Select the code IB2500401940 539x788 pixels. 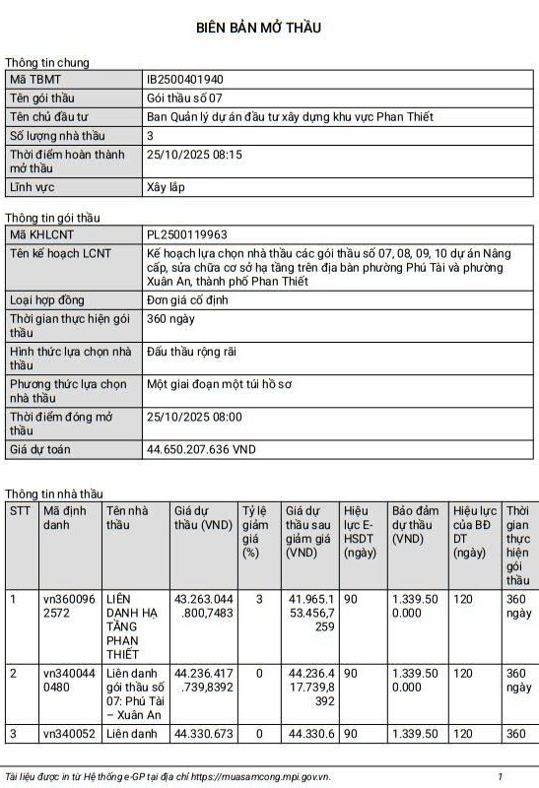tap(185, 79)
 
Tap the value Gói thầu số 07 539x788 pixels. tap(186, 98)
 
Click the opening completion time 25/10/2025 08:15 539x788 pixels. tap(194, 155)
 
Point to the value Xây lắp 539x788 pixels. tap(167, 186)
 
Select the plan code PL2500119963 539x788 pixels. tap(187, 234)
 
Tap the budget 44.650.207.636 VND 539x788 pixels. tap(201, 449)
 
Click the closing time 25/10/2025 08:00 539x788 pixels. tap(194, 417)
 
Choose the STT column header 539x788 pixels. tap(20, 511)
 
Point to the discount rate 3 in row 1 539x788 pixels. tap(258, 599)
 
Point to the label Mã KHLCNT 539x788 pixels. tap(42, 234)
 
